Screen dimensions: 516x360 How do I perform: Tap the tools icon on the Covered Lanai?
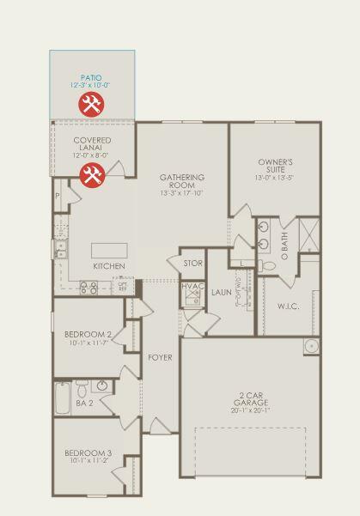[92, 176]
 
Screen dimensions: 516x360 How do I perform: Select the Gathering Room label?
[181, 181]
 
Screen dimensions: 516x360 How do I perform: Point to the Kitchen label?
[109, 266]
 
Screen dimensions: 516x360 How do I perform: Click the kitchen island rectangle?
[109, 250]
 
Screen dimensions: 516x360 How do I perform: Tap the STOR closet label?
[192, 263]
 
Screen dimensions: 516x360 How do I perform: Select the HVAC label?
[192, 286]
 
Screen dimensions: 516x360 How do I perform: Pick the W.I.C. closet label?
[288, 306]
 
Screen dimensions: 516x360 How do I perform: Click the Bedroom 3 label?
[86, 452]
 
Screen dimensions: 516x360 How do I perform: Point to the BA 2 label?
[83, 402]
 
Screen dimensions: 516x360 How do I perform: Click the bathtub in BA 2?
[62, 398]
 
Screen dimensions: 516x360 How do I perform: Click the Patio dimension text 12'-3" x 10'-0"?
[92, 86]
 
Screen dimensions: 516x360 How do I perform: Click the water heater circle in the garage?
[310, 347]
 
